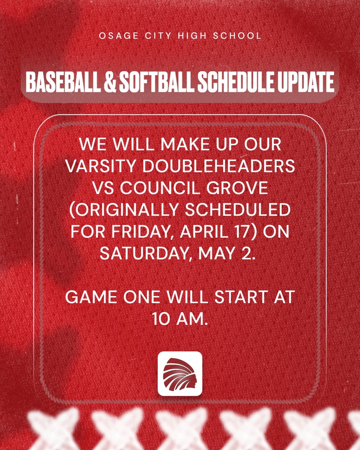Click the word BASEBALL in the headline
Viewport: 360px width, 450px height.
[63, 82]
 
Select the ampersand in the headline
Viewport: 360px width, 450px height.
[109, 82]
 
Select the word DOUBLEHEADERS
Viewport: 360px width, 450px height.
[219, 166]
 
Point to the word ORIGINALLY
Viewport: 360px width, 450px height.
[124, 210]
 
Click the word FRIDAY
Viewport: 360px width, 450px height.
[144, 232]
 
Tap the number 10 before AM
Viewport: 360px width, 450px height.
[161, 319]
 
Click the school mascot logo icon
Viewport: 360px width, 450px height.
[180, 374]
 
